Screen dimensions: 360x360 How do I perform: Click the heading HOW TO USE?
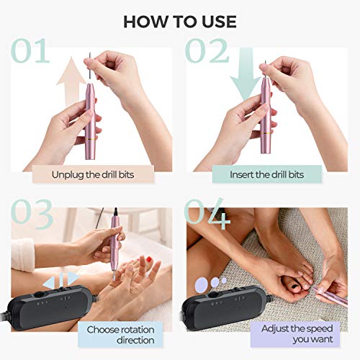(x=180, y=21)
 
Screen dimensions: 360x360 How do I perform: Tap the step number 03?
(x=32, y=215)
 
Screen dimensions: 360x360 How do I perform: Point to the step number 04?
(x=207, y=215)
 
